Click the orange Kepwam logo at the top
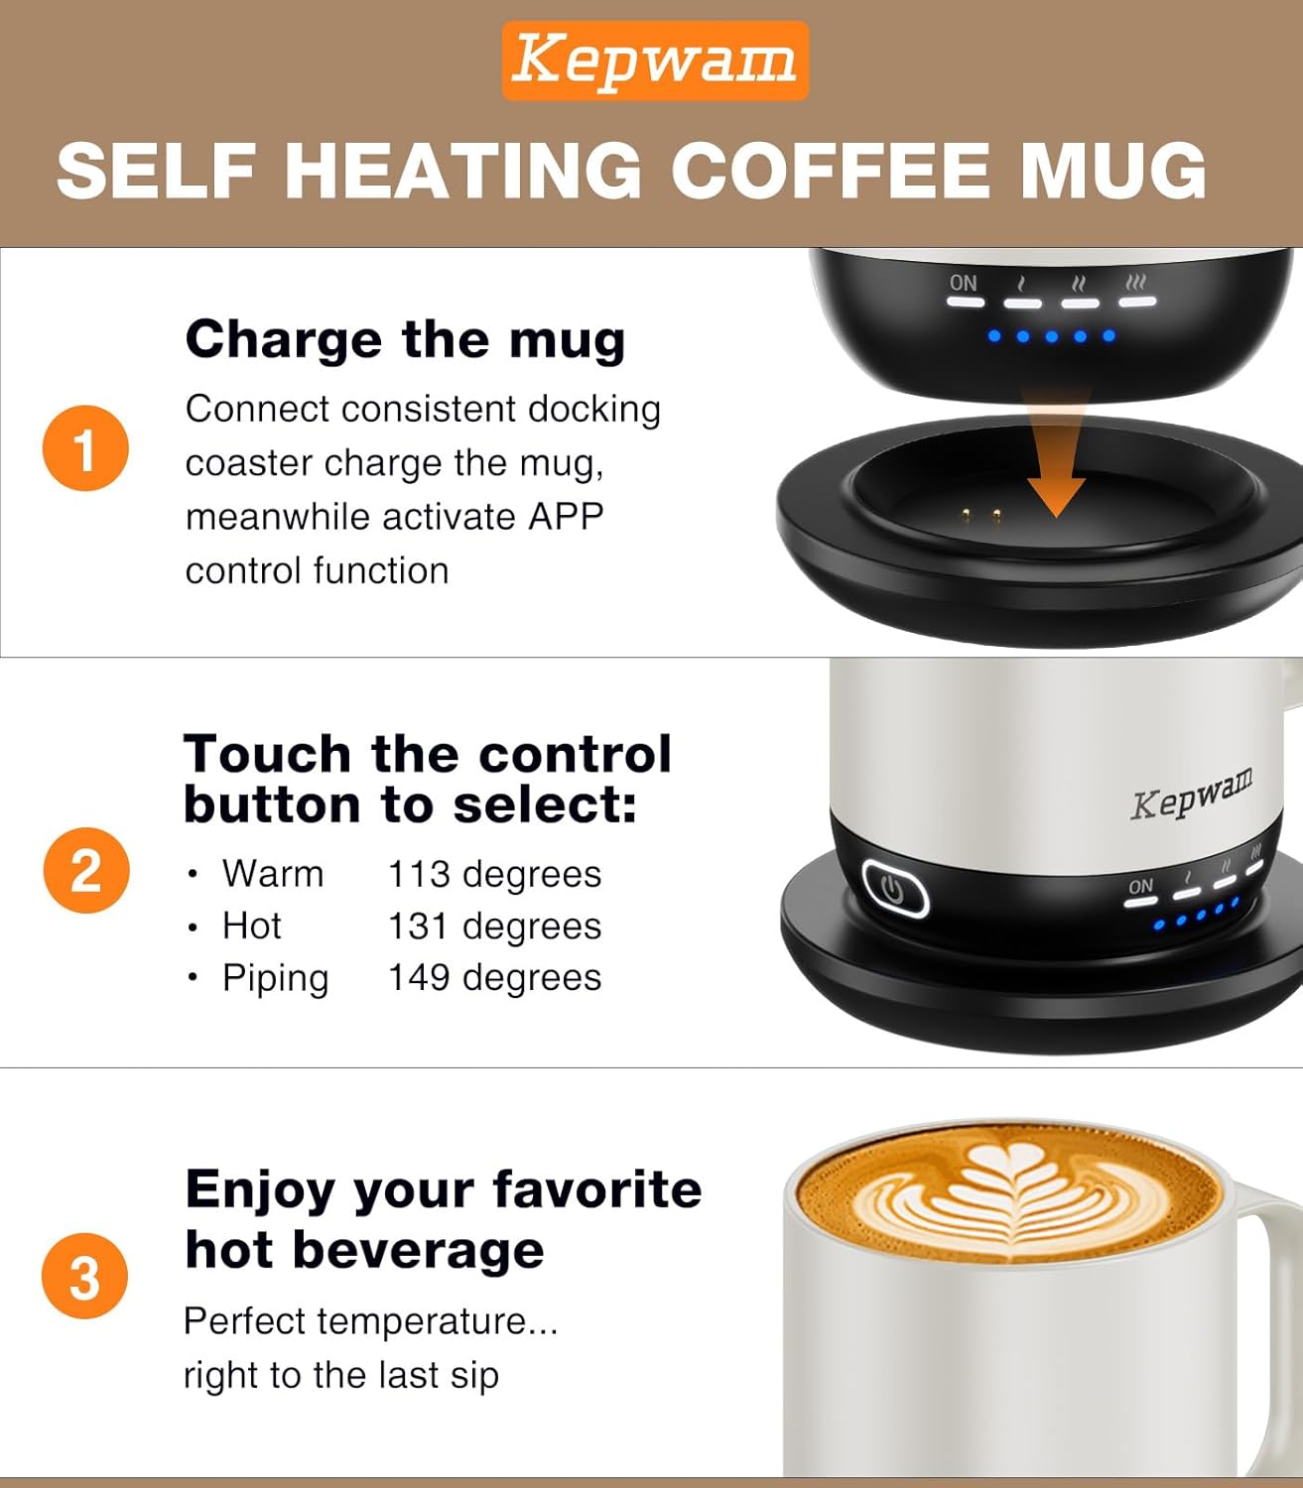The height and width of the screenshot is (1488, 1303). click(654, 61)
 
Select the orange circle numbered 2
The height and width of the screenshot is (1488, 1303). click(86, 870)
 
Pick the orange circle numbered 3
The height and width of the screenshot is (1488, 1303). click(85, 1276)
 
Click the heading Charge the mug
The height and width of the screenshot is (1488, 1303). click(405, 339)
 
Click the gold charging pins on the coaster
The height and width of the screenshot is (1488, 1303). click(980, 515)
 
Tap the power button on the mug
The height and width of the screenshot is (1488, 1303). click(894, 889)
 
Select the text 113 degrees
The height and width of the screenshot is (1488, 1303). click(494, 874)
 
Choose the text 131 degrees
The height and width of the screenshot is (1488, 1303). click(494, 926)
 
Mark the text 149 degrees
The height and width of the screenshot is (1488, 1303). click(494, 977)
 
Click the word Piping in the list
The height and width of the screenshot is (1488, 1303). click(275, 978)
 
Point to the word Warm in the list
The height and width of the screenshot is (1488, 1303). click(273, 874)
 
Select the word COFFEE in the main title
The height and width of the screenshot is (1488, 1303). click(830, 170)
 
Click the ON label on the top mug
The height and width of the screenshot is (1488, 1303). click(963, 283)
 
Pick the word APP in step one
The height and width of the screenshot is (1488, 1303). click(566, 517)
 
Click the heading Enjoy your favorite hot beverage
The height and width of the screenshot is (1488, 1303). click(443, 1218)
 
